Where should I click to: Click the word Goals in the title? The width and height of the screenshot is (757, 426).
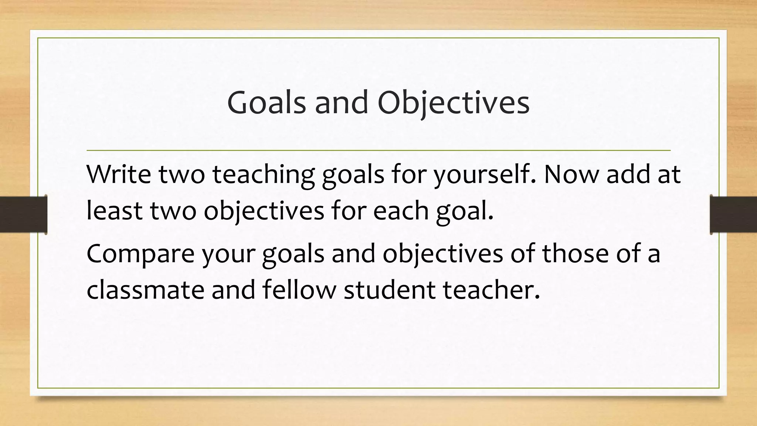[267, 102]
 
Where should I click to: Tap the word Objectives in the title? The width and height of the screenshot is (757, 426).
[454, 102]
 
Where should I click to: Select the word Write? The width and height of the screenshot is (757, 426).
[119, 174]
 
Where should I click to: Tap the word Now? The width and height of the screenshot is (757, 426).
[571, 174]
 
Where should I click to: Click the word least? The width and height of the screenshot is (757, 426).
[114, 210]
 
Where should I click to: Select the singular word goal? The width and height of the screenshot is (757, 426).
[465, 210]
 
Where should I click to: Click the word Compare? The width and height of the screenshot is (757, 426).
[140, 253]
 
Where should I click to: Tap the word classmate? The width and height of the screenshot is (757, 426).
[145, 290]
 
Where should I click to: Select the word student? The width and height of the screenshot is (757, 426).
[389, 290]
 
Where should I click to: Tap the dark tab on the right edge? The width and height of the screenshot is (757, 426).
[733, 214]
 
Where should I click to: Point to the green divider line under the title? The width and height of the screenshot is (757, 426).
[378, 151]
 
